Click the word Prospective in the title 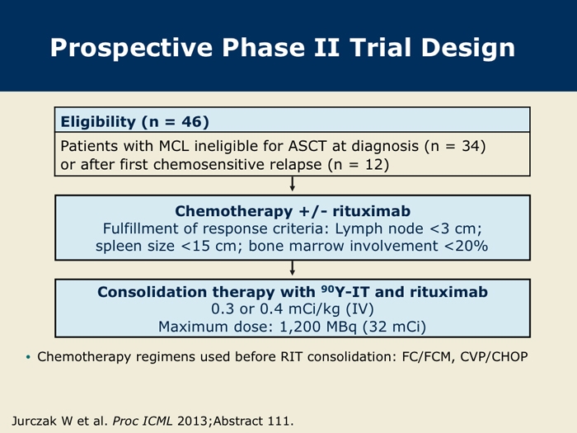point(131,49)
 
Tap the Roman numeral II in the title point(326,48)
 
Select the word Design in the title point(468,49)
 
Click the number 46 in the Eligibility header point(191,122)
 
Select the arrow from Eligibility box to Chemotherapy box point(292,184)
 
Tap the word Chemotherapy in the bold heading point(233,211)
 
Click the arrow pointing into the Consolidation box point(292,268)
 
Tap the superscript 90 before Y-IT point(326,289)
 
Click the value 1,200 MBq point(318,327)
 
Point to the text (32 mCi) point(394,327)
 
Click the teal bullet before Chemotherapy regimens point(28,357)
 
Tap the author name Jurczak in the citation point(34,421)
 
